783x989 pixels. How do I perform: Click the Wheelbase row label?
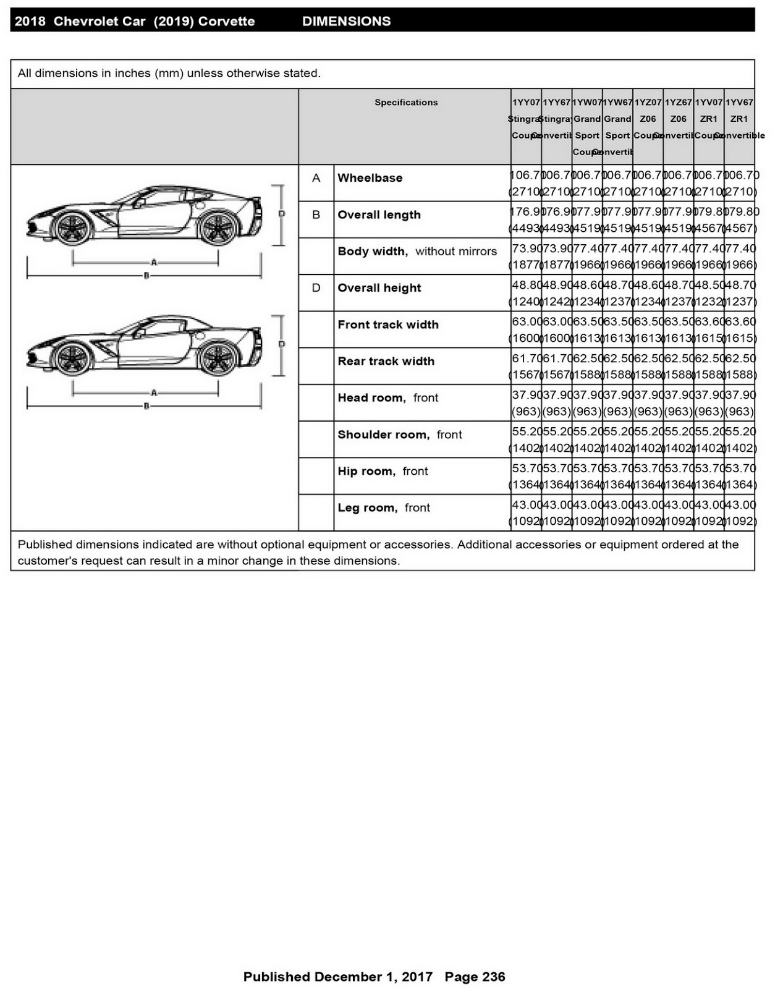370,178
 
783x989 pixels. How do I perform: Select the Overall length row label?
379,215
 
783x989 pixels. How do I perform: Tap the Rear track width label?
386,362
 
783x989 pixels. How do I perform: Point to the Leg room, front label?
383,508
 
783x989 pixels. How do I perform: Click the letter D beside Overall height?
316,288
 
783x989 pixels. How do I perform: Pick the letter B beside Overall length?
316,215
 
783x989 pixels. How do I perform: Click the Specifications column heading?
405,103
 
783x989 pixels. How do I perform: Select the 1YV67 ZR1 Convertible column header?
739,119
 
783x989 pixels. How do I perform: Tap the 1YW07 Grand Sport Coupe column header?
586,127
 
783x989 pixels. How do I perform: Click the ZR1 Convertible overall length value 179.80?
740,212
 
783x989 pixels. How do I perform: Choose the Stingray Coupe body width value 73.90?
527,248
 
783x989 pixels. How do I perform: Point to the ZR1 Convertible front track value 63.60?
740,322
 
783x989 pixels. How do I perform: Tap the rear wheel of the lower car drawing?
218,359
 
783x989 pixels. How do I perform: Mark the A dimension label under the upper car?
153,263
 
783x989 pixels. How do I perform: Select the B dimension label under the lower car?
146,407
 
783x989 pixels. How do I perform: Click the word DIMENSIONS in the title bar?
346,22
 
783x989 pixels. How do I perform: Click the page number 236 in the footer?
493,977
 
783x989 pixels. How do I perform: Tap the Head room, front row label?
387,398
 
